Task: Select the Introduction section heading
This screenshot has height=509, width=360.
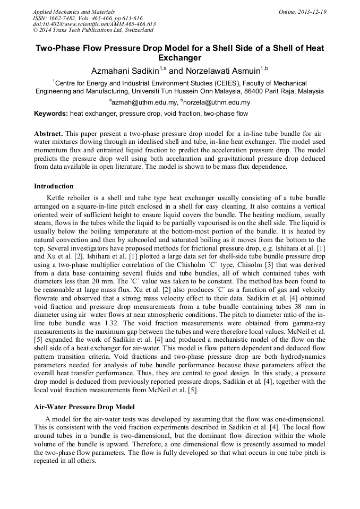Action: point(54,186)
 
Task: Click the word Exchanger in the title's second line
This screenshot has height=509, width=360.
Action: point(180,58)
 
